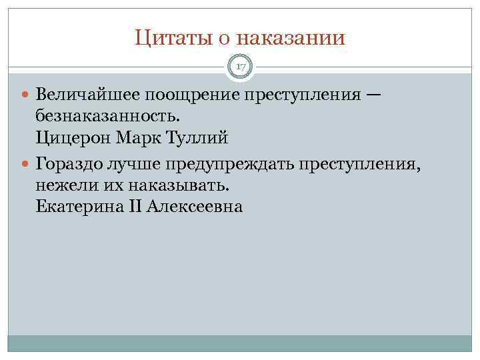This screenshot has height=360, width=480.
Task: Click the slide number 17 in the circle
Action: pyautogui.click(x=241, y=67)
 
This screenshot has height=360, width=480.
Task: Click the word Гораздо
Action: pyautogui.click(x=69, y=163)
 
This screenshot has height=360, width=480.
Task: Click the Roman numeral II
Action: pyautogui.click(x=134, y=207)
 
